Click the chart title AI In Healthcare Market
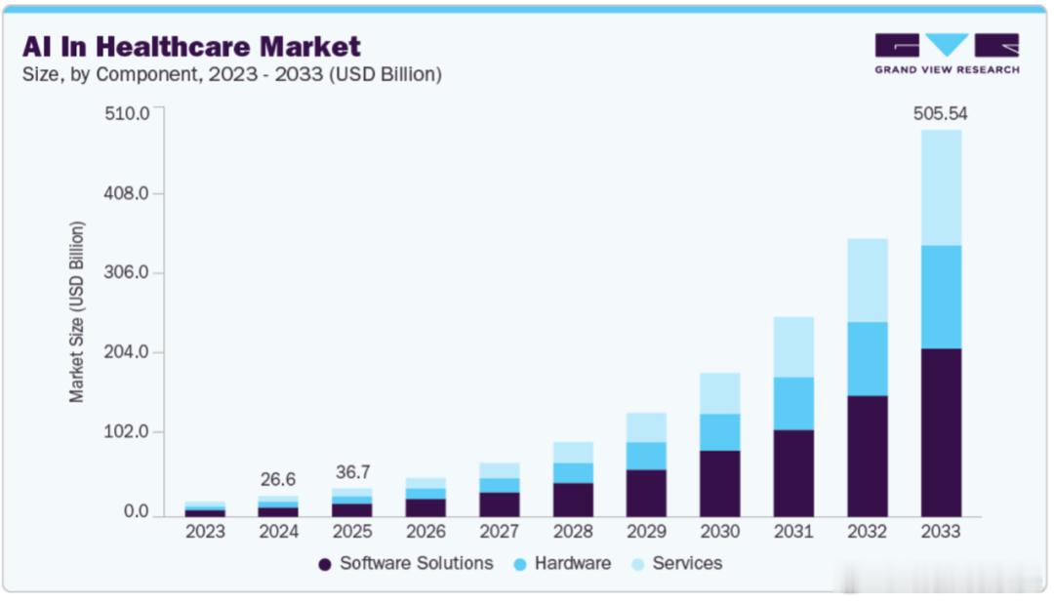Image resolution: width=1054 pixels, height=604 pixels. [x=191, y=45]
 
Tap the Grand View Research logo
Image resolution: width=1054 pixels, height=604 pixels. [x=947, y=54]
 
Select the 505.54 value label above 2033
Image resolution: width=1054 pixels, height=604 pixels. [x=940, y=114]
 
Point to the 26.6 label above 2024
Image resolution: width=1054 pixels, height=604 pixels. [x=278, y=479]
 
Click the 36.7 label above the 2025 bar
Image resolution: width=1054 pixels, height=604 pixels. [x=352, y=472]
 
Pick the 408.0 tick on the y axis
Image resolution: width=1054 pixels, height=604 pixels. [x=127, y=193]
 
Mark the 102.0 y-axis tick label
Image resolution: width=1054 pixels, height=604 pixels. [x=127, y=432]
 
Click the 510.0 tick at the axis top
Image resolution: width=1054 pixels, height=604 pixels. [x=127, y=113]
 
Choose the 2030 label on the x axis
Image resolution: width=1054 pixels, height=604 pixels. [x=719, y=532]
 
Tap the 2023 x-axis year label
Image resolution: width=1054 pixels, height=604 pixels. [x=205, y=532]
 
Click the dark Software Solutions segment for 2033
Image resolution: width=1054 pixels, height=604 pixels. [x=940, y=432]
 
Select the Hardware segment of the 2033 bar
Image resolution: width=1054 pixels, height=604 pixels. [x=940, y=297]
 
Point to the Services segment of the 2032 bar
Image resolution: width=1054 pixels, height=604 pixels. [x=867, y=280]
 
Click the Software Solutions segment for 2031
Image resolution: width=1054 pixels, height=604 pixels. [x=792, y=473]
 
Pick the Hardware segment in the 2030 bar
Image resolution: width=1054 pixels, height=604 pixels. [x=719, y=432]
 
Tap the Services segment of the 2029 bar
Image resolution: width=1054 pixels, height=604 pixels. [x=646, y=427]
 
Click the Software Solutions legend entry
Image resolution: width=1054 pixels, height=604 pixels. [x=405, y=563]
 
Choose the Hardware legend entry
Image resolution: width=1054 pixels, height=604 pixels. [x=562, y=563]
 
